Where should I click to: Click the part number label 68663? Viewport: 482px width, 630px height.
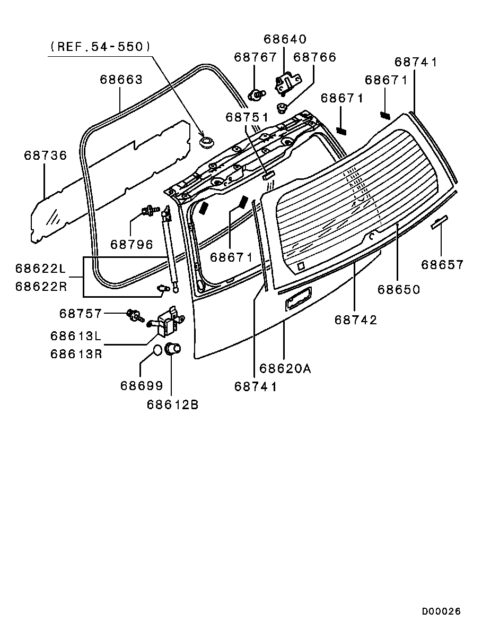coord(121,80)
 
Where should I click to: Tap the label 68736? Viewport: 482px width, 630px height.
coord(46,156)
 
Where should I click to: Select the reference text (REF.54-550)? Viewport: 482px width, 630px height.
coord(100,47)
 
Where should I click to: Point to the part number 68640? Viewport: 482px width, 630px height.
coord(285,39)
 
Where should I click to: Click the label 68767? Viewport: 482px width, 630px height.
coord(255,57)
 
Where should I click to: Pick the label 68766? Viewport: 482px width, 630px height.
coord(314,57)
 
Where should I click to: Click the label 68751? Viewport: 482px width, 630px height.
coord(247,117)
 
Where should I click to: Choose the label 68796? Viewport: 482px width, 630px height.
coord(132,244)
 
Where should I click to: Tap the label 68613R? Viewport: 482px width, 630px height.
coord(76,354)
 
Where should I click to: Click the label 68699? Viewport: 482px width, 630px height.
coord(142,386)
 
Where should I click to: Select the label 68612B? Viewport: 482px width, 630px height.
coord(172,404)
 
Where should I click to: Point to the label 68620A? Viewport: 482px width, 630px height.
coord(285,368)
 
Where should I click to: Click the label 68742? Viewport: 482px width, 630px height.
coord(356,320)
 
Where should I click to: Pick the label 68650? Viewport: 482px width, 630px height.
coord(399,290)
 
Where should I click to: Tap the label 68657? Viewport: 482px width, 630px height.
coord(442,265)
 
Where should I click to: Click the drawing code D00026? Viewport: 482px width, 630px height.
coord(441,611)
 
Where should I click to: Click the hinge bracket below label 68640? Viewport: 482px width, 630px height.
coord(287,83)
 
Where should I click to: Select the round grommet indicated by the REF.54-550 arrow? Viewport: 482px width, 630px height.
coord(206,142)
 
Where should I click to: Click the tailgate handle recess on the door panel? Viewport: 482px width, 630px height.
coord(298,299)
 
